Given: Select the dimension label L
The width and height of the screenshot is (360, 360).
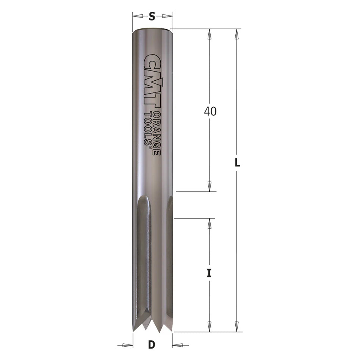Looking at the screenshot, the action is [x=237, y=163].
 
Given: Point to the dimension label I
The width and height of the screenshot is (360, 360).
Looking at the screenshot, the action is [x=209, y=273].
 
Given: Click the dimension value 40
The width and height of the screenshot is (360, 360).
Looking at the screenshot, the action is [x=210, y=111].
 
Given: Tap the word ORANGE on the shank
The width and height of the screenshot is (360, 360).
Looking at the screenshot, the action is [x=157, y=134].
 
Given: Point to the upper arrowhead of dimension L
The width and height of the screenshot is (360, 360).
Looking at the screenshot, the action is [x=236, y=34].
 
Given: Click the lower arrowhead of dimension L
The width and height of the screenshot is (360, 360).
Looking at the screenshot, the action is [x=236, y=327].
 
